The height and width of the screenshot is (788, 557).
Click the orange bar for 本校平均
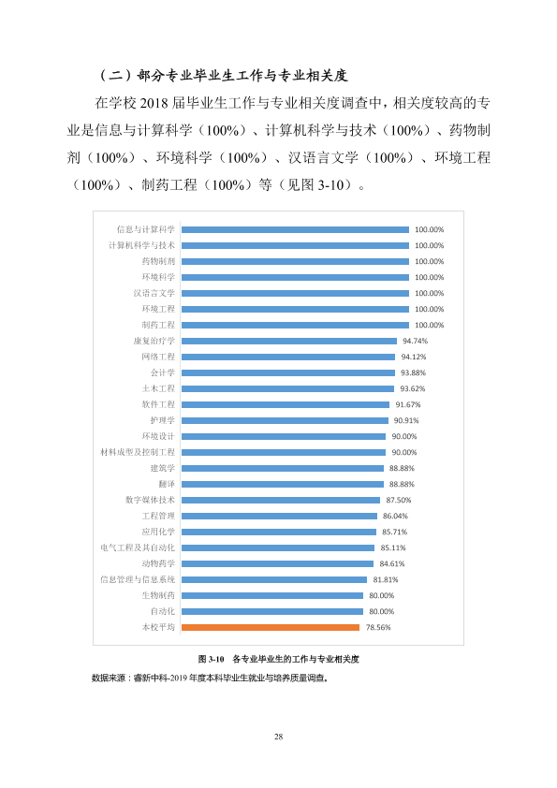click(271, 627)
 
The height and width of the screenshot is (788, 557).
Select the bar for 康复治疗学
click(289, 341)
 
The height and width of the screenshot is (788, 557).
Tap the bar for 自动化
click(272, 611)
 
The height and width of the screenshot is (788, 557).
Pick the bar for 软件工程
click(286, 404)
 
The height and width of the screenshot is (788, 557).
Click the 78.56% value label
click(378, 627)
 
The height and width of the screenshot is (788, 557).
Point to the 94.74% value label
click(416, 341)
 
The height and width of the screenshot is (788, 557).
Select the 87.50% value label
click(399, 500)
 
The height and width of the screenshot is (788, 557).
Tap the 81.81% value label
click(386, 579)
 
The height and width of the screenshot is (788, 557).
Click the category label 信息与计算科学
click(146, 229)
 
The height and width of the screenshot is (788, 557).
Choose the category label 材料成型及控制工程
click(138, 452)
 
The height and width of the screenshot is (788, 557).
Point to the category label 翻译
click(167, 484)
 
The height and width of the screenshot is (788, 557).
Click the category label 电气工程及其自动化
click(138, 547)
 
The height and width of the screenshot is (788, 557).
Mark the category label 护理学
click(162, 420)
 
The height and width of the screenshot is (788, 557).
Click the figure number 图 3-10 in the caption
click(212, 659)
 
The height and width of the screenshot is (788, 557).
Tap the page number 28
click(279, 737)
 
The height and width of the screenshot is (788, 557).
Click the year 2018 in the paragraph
click(154, 103)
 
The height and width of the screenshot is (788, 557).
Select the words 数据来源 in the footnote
click(109, 678)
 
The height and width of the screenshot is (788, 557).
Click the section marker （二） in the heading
click(116, 76)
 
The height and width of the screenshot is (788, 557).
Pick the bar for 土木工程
click(287, 388)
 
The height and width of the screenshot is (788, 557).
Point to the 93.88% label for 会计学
click(413, 372)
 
